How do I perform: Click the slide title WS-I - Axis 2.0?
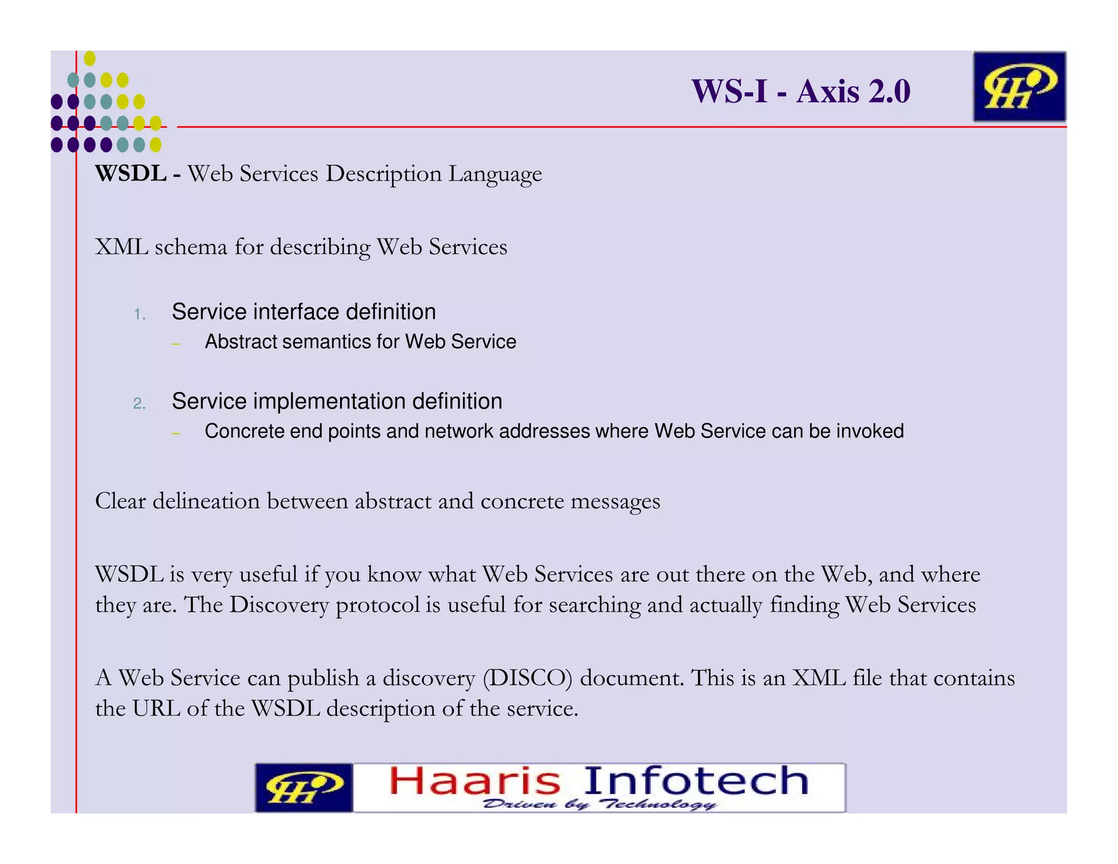[800, 91]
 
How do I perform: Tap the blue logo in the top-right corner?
[1019, 86]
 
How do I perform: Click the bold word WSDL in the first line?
[131, 174]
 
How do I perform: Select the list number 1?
[140, 314]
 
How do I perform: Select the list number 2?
[139, 404]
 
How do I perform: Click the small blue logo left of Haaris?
[304, 788]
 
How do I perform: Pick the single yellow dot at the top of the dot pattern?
[90, 58]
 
